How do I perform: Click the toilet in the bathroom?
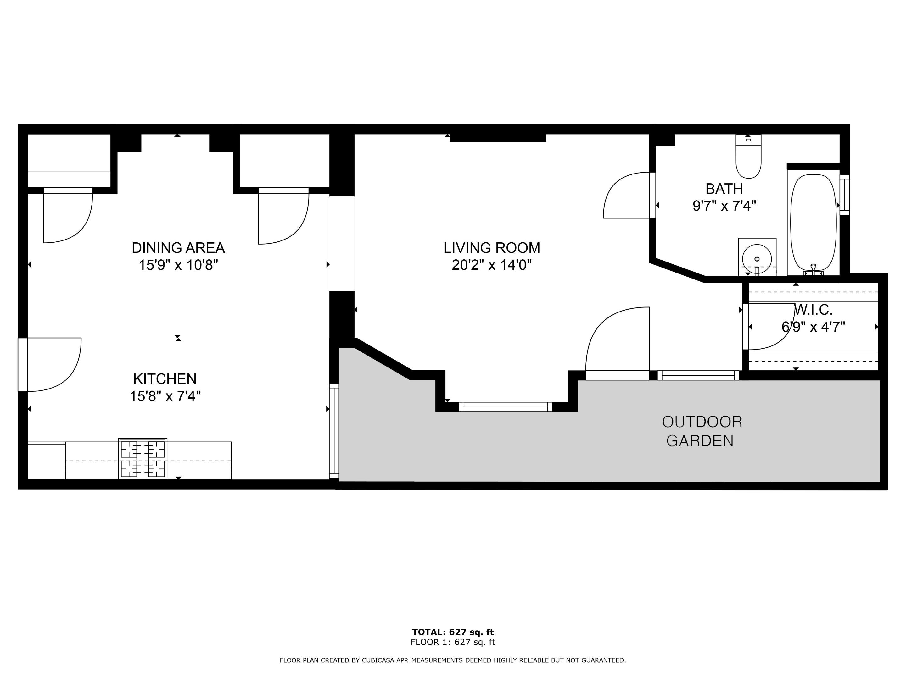pyautogui.click(x=748, y=156)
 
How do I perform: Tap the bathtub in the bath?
pyautogui.click(x=814, y=223)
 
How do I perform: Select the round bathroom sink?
pyautogui.click(x=757, y=259)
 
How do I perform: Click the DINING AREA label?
pyautogui.click(x=178, y=248)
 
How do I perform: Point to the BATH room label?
pyautogui.click(x=724, y=189)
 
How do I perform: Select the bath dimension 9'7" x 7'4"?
pyautogui.click(x=724, y=206)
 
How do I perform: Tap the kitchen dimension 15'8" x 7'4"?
pyautogui.click(x=165, y=396)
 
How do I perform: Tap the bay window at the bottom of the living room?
pyautogui.click(x=505, y=407)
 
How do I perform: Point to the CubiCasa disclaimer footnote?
pyautogui.click(x=453, y=660)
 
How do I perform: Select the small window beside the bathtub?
pyautogui.click(x=845, y=195)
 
